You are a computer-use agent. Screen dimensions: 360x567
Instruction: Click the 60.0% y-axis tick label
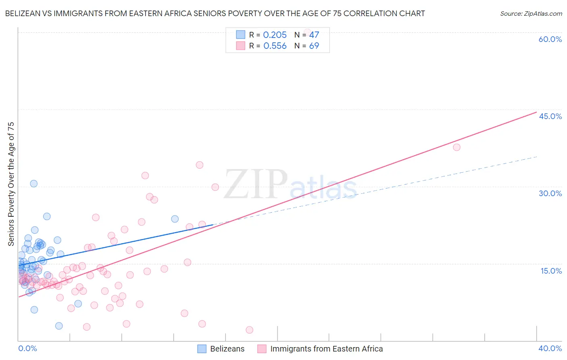click(550, 39)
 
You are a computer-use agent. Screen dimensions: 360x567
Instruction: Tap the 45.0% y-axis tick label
click(550, 116)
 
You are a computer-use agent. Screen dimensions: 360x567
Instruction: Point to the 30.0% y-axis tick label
click(550, 193)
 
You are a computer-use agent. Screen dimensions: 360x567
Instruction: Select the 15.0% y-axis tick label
click(551, 271)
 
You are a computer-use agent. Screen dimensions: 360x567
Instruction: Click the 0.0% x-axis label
click(27, 348)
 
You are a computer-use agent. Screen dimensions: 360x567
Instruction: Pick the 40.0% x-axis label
click(550, 348)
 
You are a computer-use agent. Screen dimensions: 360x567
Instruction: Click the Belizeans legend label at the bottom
click(227, 349)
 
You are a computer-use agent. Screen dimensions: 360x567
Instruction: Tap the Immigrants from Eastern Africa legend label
click(326, 349)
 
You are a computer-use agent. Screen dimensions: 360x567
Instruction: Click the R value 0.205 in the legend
click(275, 35)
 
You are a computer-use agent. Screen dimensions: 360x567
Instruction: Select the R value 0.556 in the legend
click(275, 46)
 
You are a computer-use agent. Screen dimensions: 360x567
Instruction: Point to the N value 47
click(314, 35)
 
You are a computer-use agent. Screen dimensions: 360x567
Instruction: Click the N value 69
click(314, 46)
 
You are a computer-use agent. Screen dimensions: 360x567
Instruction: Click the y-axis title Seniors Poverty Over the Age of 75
click(11, 184)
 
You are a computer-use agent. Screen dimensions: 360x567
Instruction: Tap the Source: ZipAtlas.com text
click(531, 14)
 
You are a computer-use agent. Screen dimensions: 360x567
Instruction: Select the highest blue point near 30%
click(34, 184)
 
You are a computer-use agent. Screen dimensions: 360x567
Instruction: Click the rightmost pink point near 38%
click(457, 147)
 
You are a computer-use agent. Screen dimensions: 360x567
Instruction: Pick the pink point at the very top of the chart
click(307, 32)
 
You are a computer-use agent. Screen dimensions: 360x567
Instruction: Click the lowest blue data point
click(59, 326)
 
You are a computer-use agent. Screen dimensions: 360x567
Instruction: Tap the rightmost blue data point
click(175, 219)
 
